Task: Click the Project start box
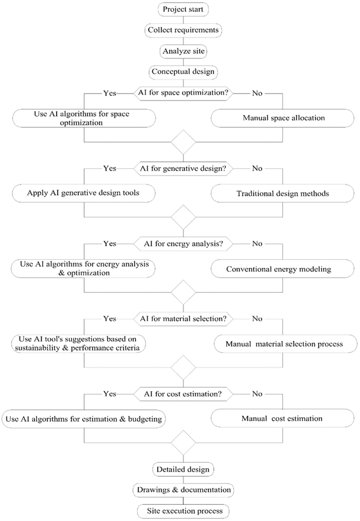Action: tap(183, 10)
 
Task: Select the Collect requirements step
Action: tap(183, 30)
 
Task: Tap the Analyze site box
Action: tap(183, 51)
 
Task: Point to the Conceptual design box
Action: tap(183, 71)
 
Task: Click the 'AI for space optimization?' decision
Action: tap(183, 93)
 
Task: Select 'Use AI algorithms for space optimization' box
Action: tap(84, 118)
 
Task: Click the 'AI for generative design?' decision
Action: tap(183, 169)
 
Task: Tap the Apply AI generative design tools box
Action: tap(84, 193)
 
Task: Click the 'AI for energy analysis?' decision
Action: tap(183, 243)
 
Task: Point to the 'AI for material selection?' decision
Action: tap(183, 319)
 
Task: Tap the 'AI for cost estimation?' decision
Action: tap(183, 393)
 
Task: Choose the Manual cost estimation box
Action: tap(282, 419)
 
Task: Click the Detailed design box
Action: tap(183, 469)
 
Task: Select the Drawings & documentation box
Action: tap(183, 489)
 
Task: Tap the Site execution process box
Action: tap(183, 510)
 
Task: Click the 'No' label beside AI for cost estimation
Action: tap(256, 393)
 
